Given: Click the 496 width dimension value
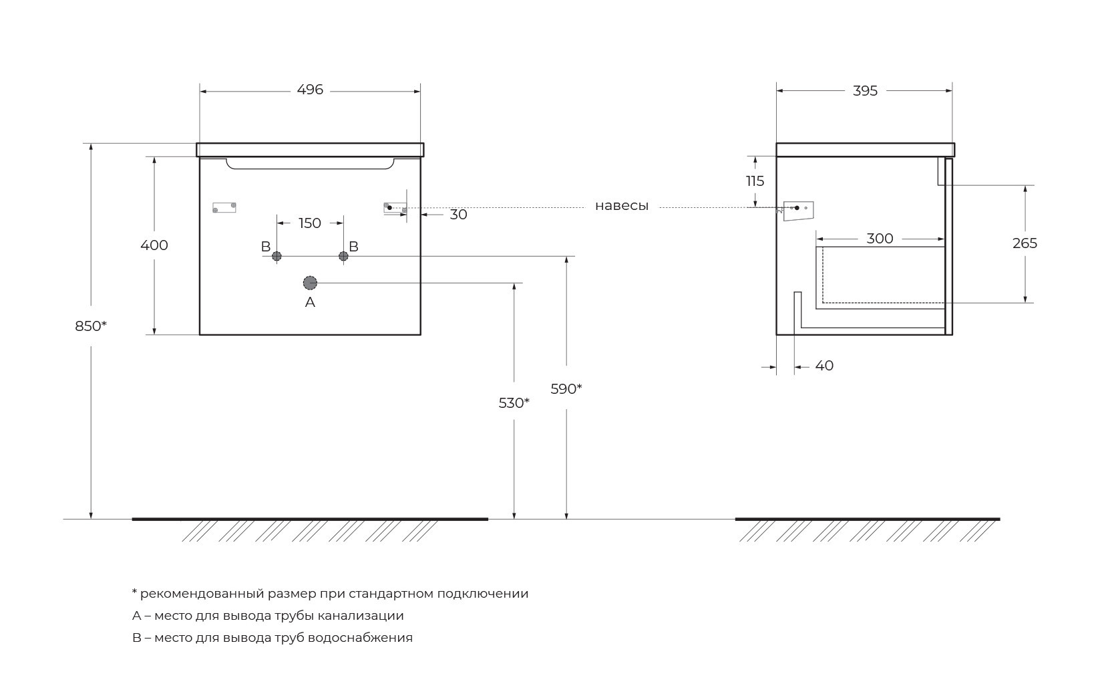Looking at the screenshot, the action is [310, 90].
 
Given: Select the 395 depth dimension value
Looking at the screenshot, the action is [865, 91].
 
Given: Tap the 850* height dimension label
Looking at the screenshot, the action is [91, 326].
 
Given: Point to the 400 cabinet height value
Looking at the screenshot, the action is [154, 245].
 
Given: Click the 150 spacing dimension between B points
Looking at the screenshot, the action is [310, 223].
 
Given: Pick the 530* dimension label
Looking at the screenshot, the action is [514, 403].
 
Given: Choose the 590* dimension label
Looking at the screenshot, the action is [566, 389].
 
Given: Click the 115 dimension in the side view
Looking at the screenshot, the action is [755, 181].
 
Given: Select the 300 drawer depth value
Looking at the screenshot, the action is [880, 239].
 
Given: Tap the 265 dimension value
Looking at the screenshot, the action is [1025, 243].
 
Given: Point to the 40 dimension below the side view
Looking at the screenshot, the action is [825, 366].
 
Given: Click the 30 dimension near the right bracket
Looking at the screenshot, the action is [459, 215].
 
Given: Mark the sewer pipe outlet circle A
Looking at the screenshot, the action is [310, 283].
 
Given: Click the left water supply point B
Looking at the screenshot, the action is [277, 256].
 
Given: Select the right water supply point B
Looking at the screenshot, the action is [343, 256].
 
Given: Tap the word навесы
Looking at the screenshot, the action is [622, 206].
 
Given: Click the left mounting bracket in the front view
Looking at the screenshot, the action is [224, 207].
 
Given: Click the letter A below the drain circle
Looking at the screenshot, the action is [310, 302].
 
